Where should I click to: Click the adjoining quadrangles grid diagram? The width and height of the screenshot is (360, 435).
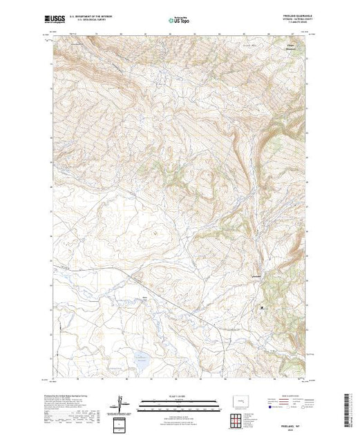[239, 419]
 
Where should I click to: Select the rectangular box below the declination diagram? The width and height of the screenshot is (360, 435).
[122, 422]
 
